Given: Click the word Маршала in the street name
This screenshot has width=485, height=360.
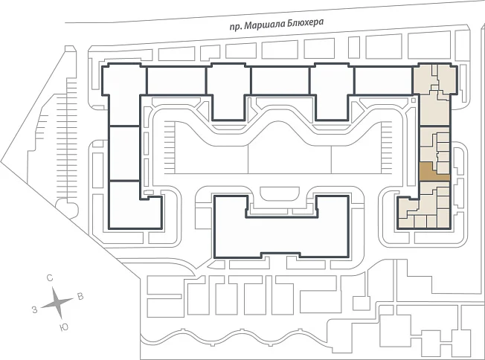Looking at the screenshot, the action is click(265, 25).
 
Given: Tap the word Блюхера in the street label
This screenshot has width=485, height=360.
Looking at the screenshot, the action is click(305, 22).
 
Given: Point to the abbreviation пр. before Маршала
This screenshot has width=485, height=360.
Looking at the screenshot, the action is click(236, 27).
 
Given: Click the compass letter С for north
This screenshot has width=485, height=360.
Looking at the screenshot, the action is click(50, 278).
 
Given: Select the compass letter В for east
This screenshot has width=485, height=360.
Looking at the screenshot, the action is click(80, 297).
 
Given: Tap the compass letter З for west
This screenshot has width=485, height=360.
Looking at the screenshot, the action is click(35, 309).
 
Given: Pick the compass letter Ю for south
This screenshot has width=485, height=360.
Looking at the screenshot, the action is click(64, 327).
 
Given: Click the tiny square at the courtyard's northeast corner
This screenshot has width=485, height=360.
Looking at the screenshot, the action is click(414, 100).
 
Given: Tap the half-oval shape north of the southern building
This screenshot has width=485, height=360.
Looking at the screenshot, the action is click(280, 193).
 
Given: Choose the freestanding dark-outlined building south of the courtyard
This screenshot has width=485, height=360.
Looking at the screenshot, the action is click(281, 227).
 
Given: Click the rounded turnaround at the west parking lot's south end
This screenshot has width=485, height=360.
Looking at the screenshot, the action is click(67, 208).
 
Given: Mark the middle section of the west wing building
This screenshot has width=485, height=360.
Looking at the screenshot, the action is click(124, 153).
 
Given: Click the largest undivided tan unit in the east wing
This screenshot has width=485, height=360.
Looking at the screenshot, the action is click(434, 110).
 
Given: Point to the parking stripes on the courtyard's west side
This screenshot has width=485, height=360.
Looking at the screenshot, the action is click(170, 147).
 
